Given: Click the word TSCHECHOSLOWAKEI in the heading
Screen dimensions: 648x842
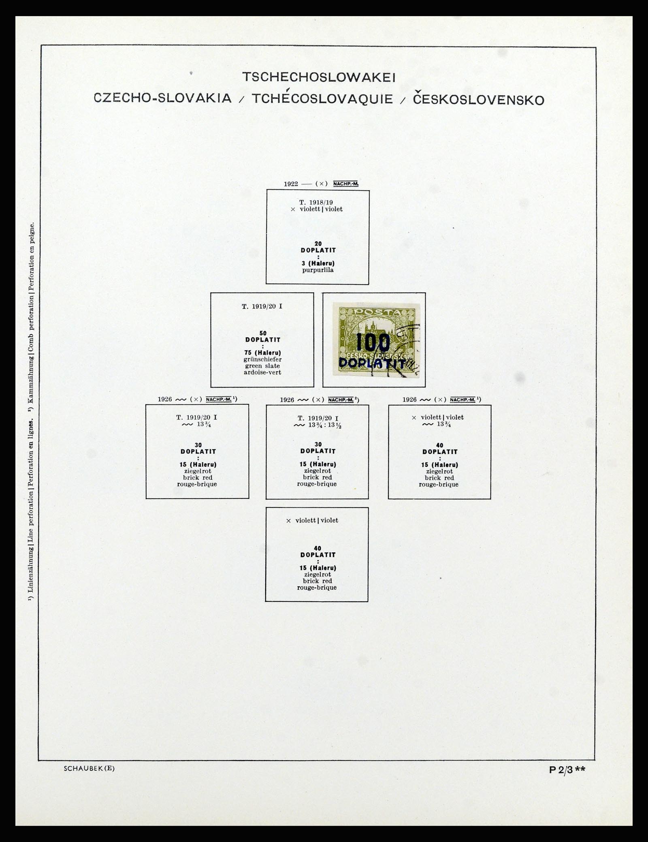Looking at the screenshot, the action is point(318,77).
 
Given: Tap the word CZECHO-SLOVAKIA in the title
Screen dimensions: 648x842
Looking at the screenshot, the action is point(163,98).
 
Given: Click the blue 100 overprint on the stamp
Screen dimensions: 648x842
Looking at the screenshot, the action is point(373,343).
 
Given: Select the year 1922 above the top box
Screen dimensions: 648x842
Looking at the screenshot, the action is point(291,184).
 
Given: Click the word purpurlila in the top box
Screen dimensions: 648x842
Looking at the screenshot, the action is point(318,270).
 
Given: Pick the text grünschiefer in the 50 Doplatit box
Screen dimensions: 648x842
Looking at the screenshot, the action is point(262,359).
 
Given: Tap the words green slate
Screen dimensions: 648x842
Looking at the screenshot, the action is point(262,366).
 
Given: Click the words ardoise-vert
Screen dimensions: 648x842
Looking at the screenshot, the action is point(262,372).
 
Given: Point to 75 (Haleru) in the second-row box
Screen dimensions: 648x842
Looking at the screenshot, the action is point(263,353).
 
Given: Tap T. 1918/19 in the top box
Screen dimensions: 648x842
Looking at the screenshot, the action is point(316,203).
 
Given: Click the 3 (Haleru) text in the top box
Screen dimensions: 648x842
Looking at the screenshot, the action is point(318,264).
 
